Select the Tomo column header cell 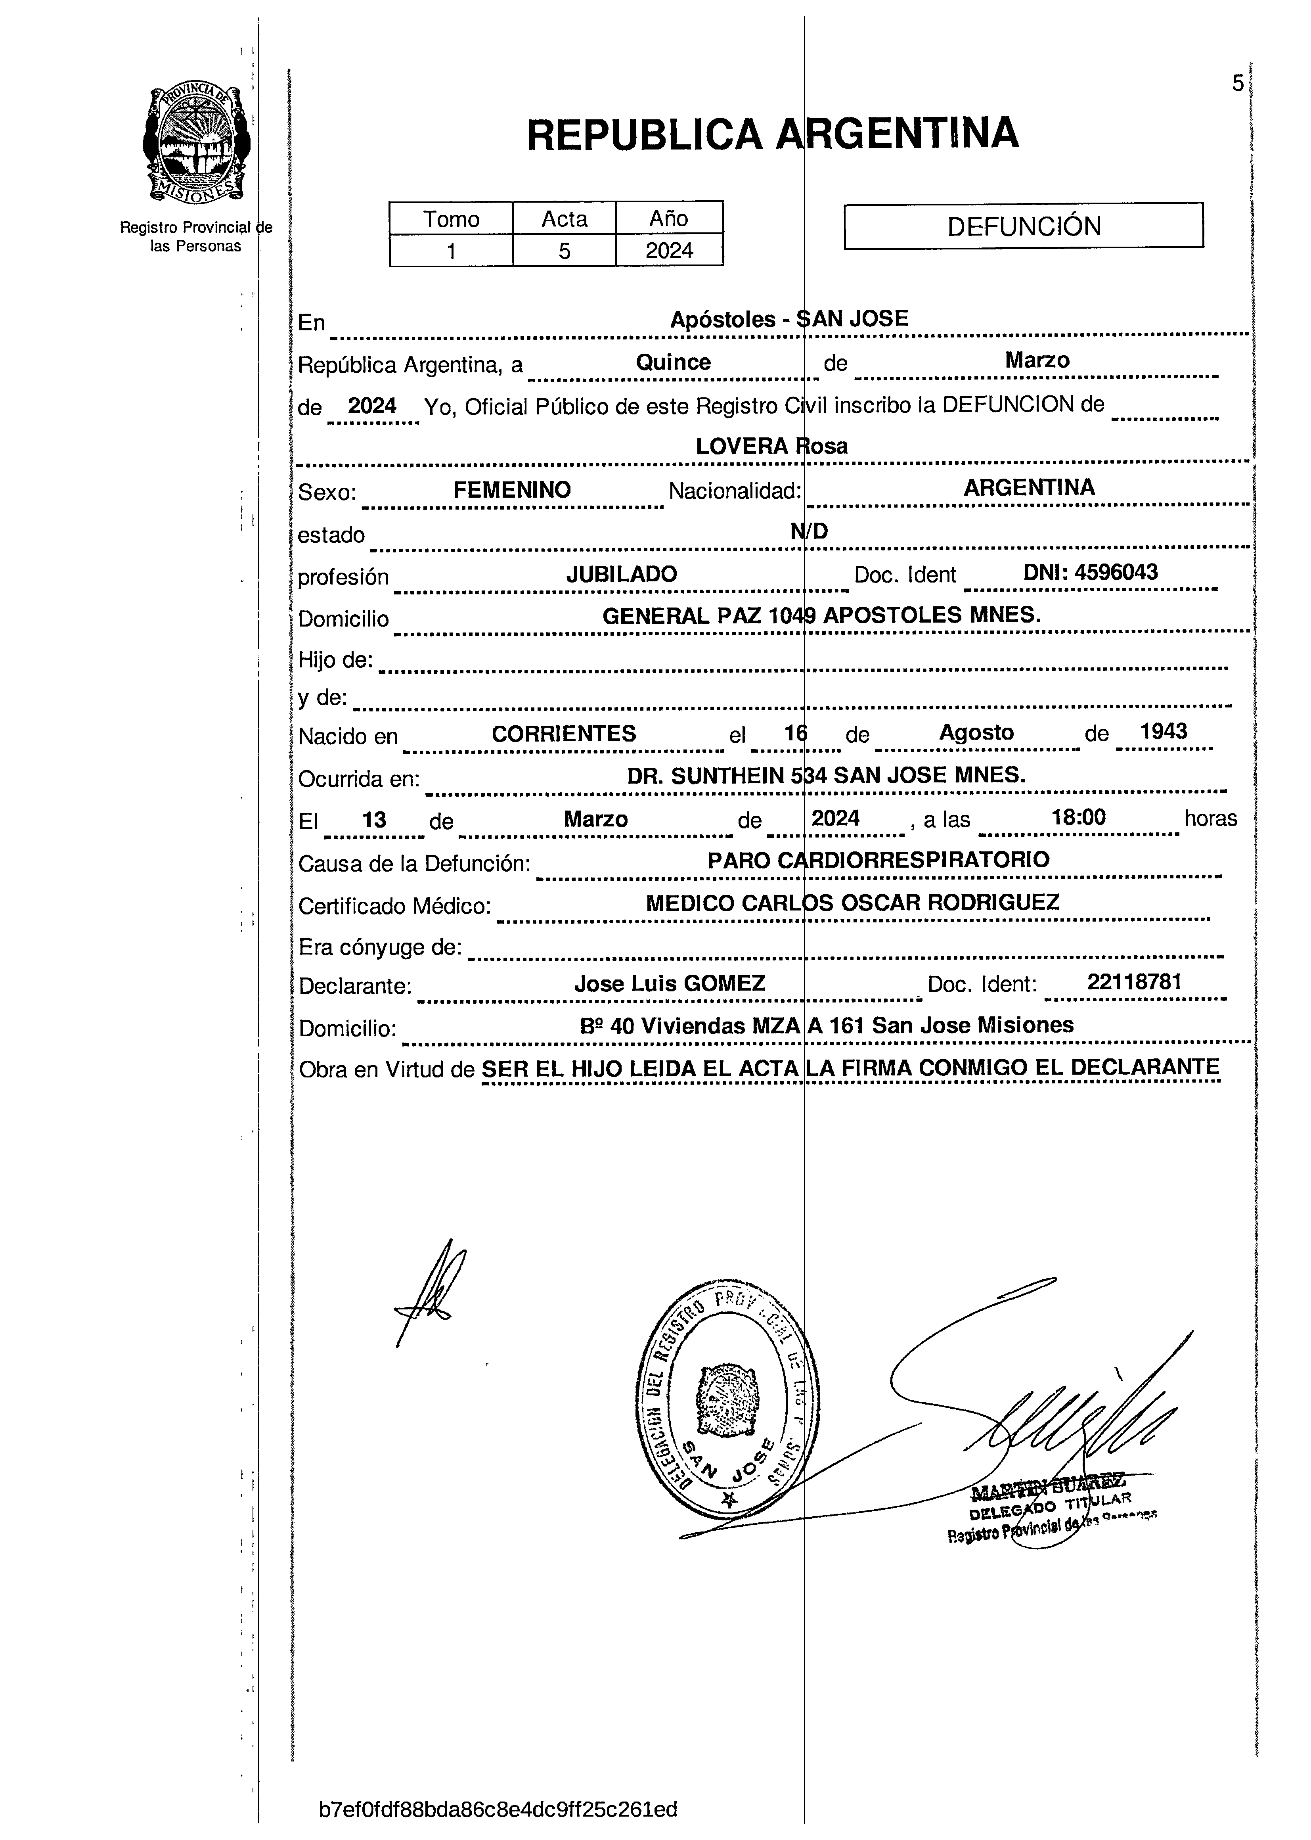(x=451, y=219)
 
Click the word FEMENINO (x=512, y=490)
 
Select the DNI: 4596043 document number (x=1090, y=573)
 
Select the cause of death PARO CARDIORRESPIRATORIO (x=878, y=860)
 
